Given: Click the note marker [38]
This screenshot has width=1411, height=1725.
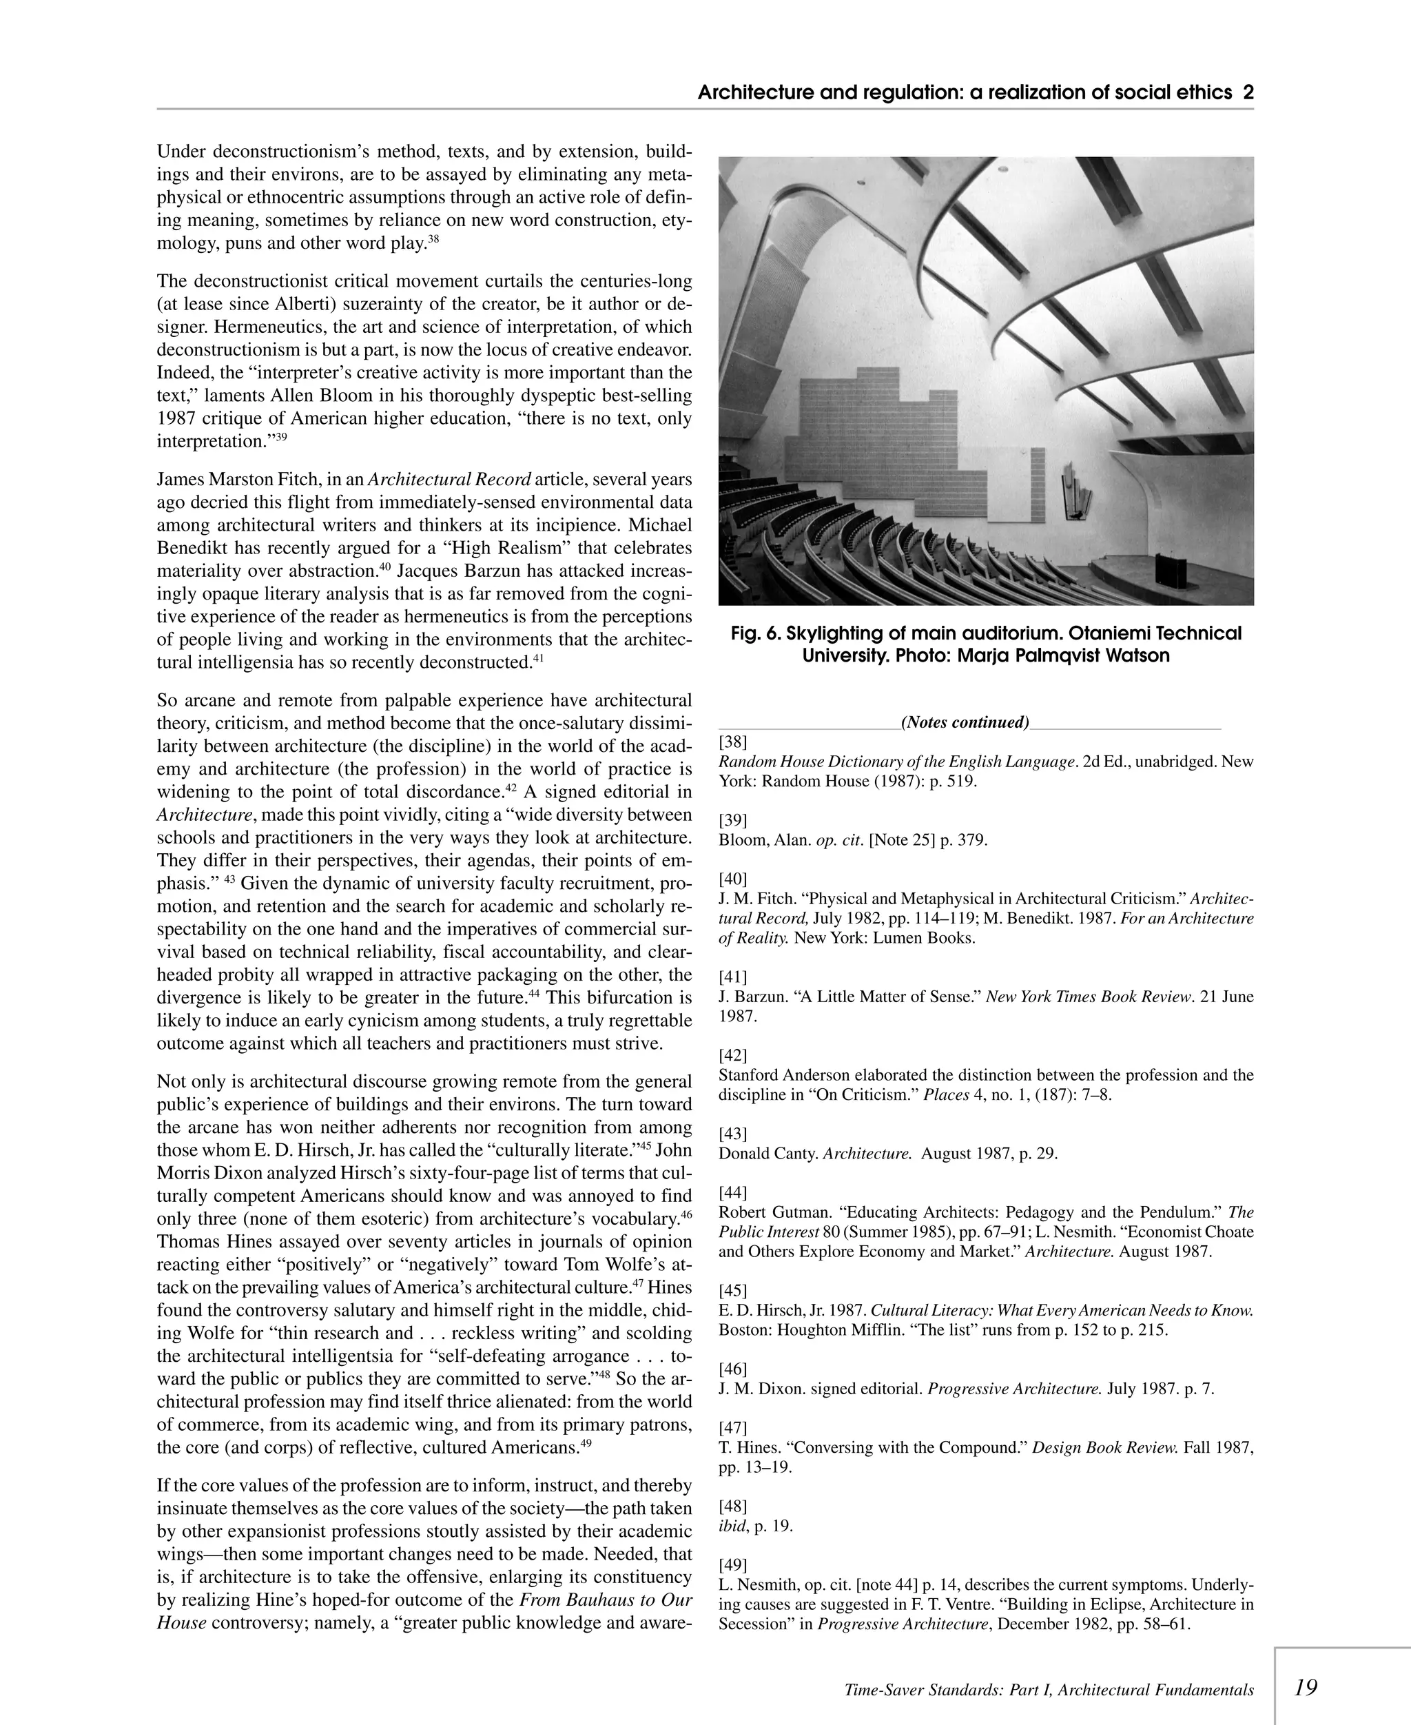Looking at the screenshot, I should [x=732, y=742].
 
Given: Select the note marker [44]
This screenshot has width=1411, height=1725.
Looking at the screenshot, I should [x=732, y=1192].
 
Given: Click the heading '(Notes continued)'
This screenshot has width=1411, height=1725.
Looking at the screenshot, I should [x=965, y=722].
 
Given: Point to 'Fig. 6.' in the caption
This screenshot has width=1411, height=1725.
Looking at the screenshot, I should [x=755, y=633].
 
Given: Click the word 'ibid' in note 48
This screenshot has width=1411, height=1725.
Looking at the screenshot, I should [x=732, y=1526].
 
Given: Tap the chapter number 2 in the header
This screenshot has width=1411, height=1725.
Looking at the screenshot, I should [x=1248, y=92].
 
